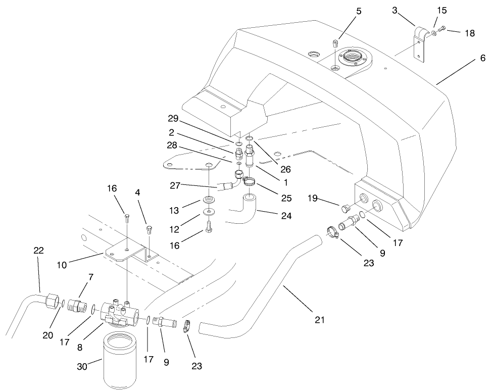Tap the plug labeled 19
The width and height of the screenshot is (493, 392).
(346, 208)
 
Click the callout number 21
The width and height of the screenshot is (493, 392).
(319, 320)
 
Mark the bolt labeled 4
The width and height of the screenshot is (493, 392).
(149, 230)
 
